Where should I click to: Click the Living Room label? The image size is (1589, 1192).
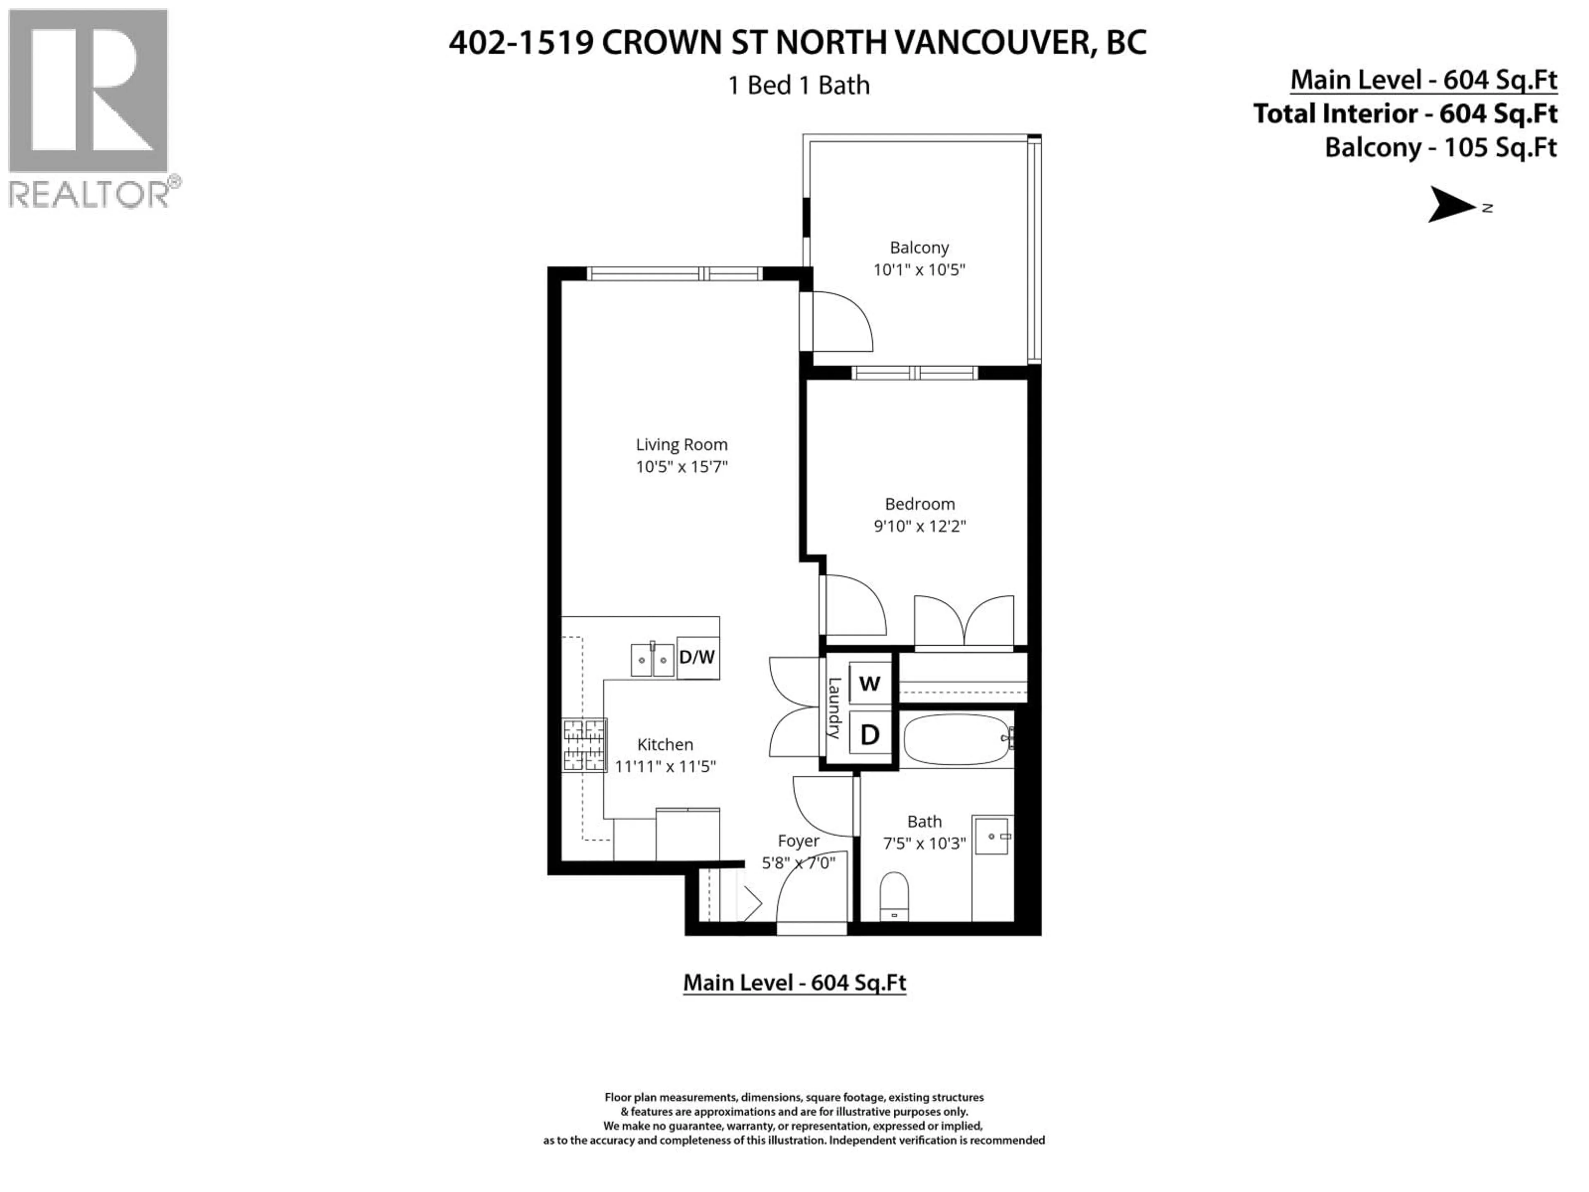tap(681, 445)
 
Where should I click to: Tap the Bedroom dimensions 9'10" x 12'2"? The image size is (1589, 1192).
tap(919, 526)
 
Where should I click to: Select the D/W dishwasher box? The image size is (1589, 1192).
tap(697, 657)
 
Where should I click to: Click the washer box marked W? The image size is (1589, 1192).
tap(869, 683)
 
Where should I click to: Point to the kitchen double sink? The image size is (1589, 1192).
tap(652, 660)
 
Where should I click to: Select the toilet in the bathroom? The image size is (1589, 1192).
tap(894, 895)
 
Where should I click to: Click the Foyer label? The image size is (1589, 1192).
tap(798, 841)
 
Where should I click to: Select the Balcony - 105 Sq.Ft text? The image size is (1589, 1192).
tap(1440, 148)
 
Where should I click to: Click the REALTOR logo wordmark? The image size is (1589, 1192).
tap(90, 194)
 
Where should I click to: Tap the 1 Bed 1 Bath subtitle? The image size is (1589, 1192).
tap(799, 86)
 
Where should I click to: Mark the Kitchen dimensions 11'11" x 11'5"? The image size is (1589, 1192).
tap(665, 767)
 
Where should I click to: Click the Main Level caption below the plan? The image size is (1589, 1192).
tap(794, 983)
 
